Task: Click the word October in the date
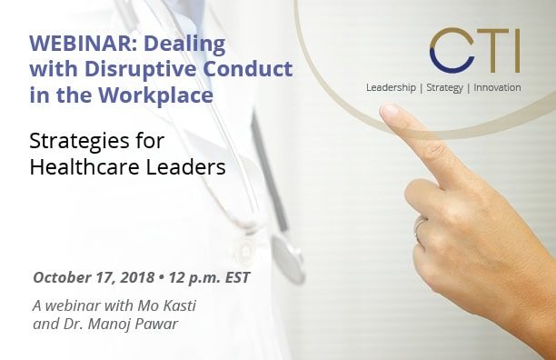tap(61, 276)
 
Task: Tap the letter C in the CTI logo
tap(452, 51)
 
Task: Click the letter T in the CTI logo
tap(490, 51)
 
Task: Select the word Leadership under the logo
tap(392, 87)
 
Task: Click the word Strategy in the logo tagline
tap(442, 87)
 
